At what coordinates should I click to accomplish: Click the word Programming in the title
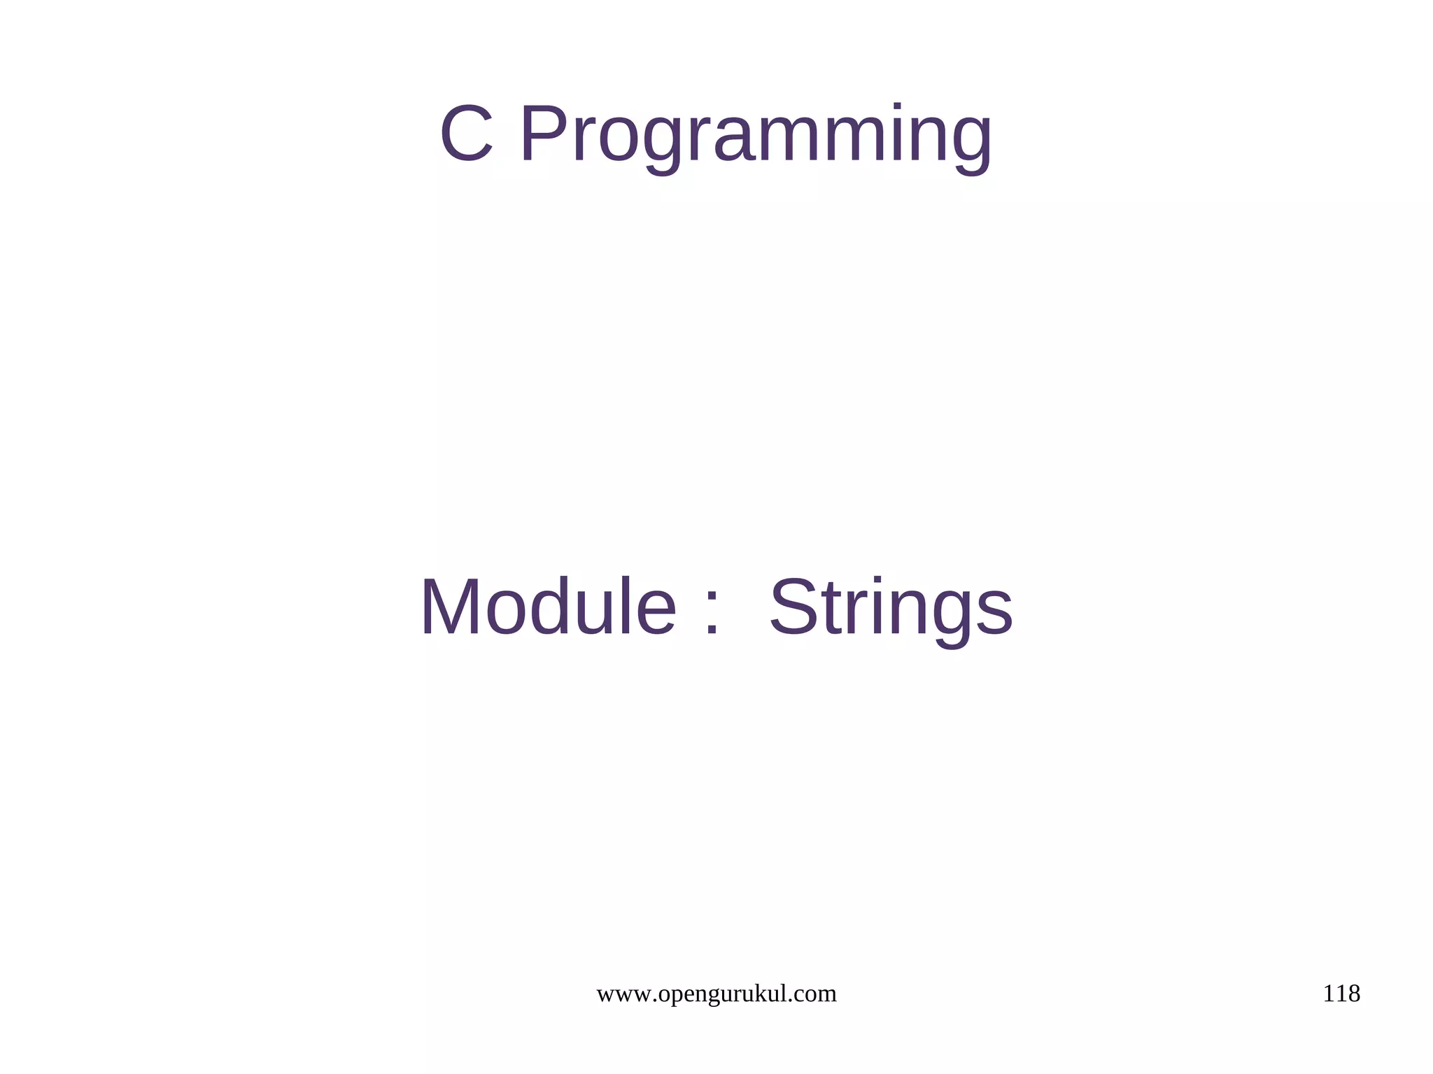click(x=756, y=136)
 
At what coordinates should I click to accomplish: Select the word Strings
click(x=891, y=609)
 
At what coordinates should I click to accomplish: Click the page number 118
click(x=1341, y=994)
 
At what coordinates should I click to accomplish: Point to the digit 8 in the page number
click(x=1353, y=994)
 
